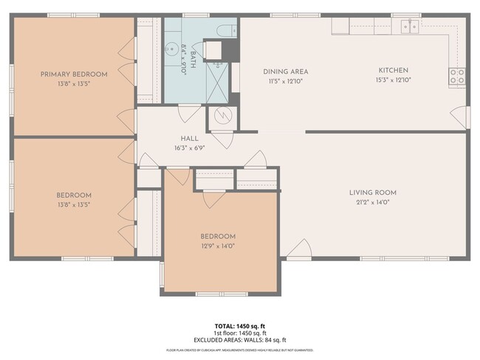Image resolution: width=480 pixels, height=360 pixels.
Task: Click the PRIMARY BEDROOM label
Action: (74, 74)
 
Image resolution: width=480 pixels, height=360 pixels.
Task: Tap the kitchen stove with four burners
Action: (457, 75)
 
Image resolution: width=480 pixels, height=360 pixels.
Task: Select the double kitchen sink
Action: (408, 27)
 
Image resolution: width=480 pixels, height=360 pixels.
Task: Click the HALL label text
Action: (190, 139)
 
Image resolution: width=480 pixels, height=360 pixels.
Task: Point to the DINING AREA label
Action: (285, 72)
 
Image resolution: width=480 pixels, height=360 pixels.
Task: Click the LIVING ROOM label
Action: (369, 193)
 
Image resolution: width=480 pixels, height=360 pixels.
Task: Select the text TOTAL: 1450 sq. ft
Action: (239, 325)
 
